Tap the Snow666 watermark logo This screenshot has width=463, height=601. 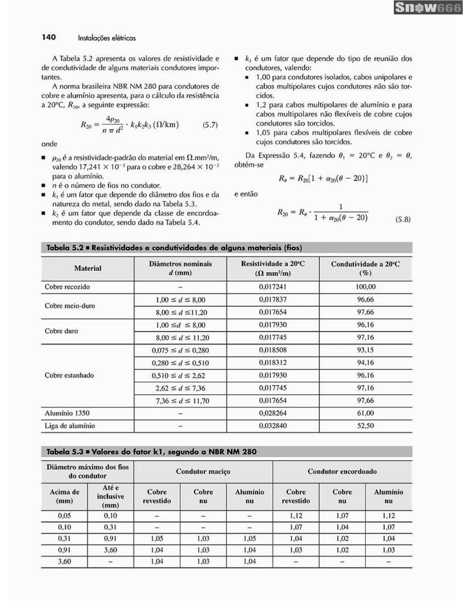428,8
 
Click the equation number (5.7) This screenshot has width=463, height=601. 210,125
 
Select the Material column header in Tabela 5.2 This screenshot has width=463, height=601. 87,268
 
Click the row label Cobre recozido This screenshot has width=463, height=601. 67,287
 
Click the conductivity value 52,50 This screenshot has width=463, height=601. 365,426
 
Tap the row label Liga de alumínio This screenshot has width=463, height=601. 70,426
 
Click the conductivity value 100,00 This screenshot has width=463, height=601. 365,287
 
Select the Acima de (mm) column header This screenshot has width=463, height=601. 64,496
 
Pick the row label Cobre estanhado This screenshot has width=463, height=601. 69,375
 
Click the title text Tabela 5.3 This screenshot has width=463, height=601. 65,452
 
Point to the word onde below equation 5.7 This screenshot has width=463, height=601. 49,144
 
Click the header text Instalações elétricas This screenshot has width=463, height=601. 107,38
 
